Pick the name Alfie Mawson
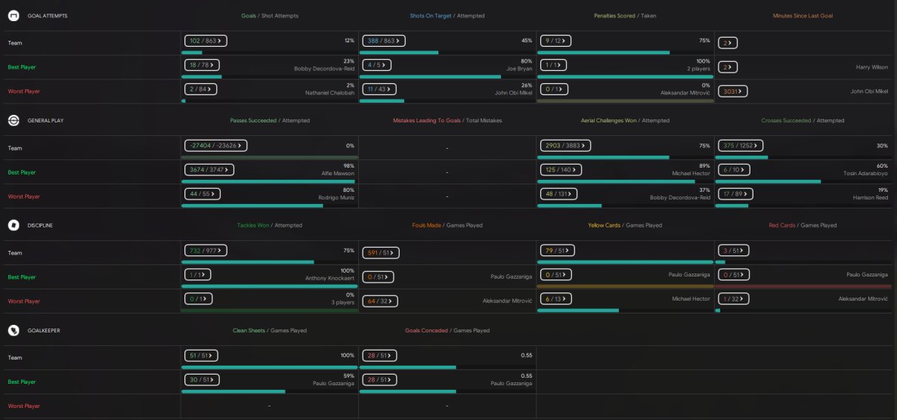[x=338, y=173]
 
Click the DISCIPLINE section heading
[x=40, y=225]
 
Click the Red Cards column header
[x=783, y=225]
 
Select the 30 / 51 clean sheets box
[x=201, y=380]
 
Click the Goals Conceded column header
[x=427, y=330]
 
